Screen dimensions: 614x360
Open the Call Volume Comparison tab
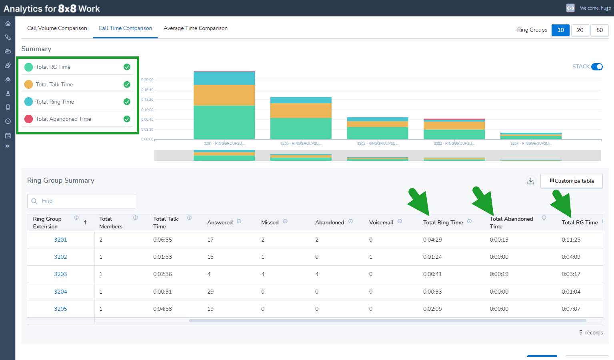57,28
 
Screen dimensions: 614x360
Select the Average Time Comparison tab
196,28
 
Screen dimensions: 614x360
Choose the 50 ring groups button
600,30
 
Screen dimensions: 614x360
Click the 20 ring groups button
580,30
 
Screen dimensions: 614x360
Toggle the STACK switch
597,67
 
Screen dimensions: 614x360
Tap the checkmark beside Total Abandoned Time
127,119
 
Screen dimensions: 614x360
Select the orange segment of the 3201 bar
224,95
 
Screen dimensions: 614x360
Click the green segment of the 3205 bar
301,128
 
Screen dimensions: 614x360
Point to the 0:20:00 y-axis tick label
147,80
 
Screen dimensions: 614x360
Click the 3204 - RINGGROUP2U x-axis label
531,143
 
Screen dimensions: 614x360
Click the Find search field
81,201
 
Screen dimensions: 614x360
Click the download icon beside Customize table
531,181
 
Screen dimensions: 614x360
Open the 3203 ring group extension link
60,274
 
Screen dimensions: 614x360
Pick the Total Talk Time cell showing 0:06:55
162,240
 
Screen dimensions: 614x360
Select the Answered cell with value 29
210,292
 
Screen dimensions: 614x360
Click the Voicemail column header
381,222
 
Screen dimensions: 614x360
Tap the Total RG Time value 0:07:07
571,309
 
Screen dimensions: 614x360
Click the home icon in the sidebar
8,24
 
